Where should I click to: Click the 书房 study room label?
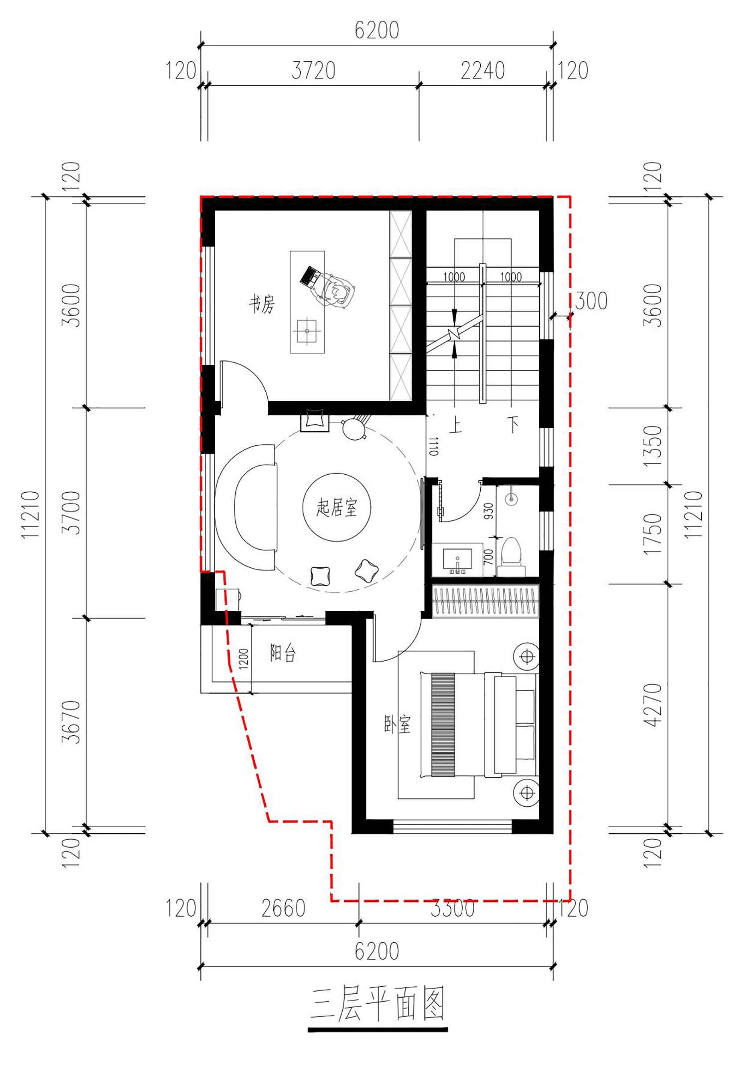click(x=262, y=304)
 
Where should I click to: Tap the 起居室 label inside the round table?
click(x=337, y=508)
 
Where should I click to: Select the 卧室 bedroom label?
click(x=397, y=724)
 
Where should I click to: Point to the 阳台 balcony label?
click(x=283, y=652)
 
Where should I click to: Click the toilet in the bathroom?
click(x=512, y=556)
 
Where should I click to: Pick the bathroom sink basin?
click(x=457, y=559)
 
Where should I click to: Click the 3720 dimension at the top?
click(x=313, y=70)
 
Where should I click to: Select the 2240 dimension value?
click(x=482, y=70)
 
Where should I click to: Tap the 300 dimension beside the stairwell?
click(x=591, y=301)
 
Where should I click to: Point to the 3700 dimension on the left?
click(x=71, y=513)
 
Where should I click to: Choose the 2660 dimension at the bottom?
click(x=283, y=908)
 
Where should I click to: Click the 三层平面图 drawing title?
click(x=377, y=1004)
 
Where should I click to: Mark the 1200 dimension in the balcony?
click(x=243, y=658)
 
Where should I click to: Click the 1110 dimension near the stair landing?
click(x=434, y=446)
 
